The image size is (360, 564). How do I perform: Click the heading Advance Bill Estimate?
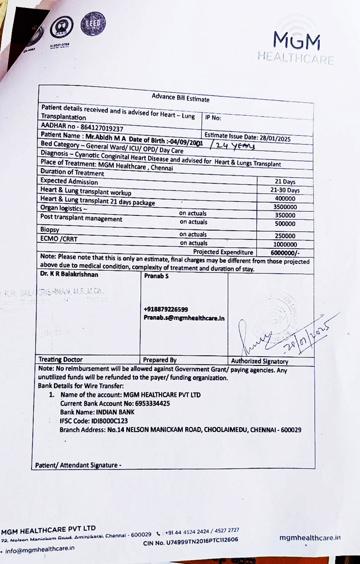[x=181, y=98]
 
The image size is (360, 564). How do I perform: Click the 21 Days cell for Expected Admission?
[x=285, y=182]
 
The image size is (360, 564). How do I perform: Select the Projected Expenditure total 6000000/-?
[x=285, y=252]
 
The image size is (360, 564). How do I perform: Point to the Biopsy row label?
[x=50, y=228]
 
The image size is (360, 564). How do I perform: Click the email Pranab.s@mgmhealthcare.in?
[x=184, y=318]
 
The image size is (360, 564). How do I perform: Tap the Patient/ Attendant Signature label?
[x=78, y=465]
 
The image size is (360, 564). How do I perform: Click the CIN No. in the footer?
[x=190, y=540]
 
